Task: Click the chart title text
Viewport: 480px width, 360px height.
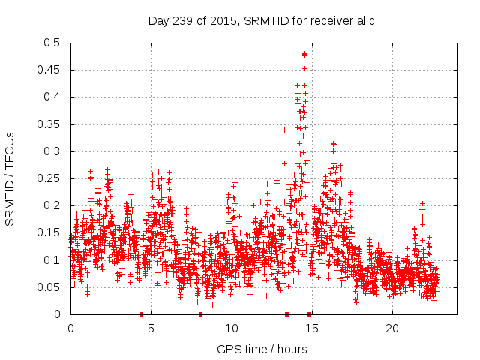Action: point(261,20)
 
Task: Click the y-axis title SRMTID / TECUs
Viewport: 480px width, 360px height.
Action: point(10,178)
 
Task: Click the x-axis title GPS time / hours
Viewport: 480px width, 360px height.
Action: point(261,349)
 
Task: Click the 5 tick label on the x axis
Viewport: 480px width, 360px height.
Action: point(151,328)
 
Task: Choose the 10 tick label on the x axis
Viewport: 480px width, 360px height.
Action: point(232,328)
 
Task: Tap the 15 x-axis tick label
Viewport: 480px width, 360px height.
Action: point(312,328)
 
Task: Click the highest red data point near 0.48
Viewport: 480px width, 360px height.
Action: point(304,54)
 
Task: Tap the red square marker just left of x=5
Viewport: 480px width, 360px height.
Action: point(141,314)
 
